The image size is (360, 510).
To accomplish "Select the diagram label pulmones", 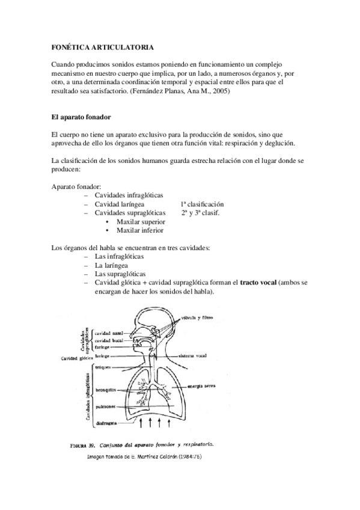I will tap(106, 407).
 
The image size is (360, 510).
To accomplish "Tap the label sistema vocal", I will tap(195, 355).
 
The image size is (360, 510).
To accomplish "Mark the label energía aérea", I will tap(203, 386).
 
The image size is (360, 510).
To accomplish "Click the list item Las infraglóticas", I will tap(120, 256).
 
